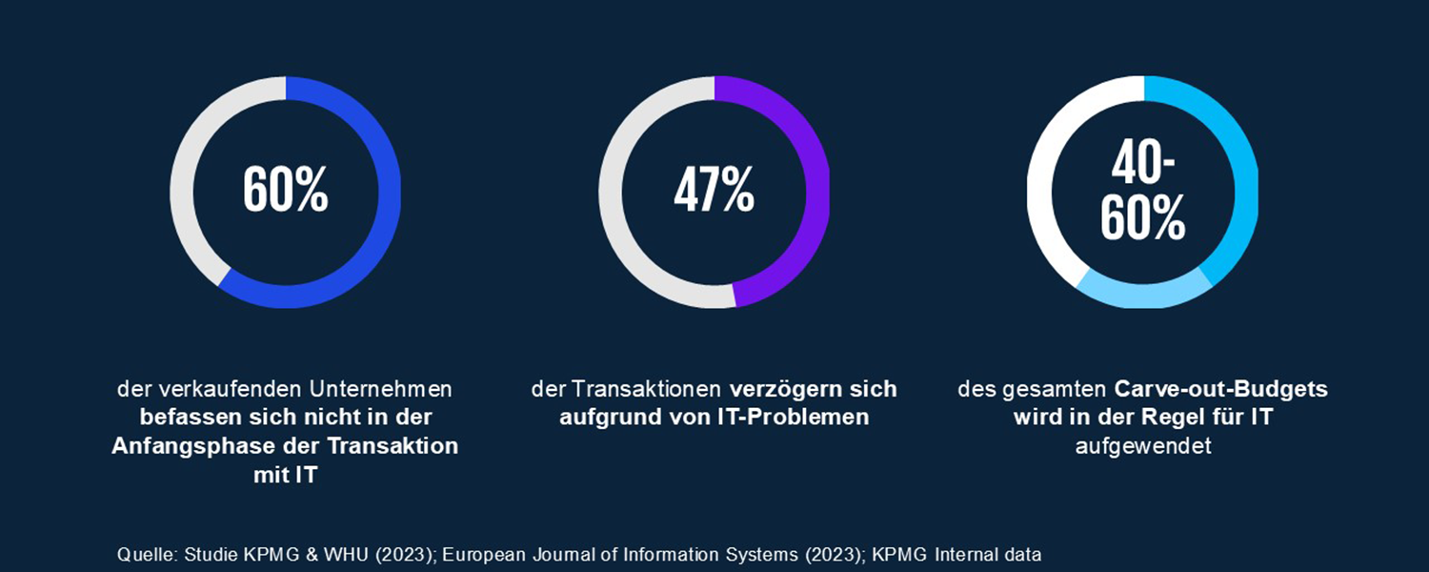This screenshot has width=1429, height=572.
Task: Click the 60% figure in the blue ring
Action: (285, 191)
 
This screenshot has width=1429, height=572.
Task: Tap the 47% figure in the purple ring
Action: (714, 191)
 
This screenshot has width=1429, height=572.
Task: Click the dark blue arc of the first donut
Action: (387, 191)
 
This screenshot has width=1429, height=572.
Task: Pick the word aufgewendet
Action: (1142, 446)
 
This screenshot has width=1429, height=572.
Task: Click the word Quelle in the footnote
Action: (140, 554)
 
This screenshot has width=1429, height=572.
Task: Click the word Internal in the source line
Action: (968, 554)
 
